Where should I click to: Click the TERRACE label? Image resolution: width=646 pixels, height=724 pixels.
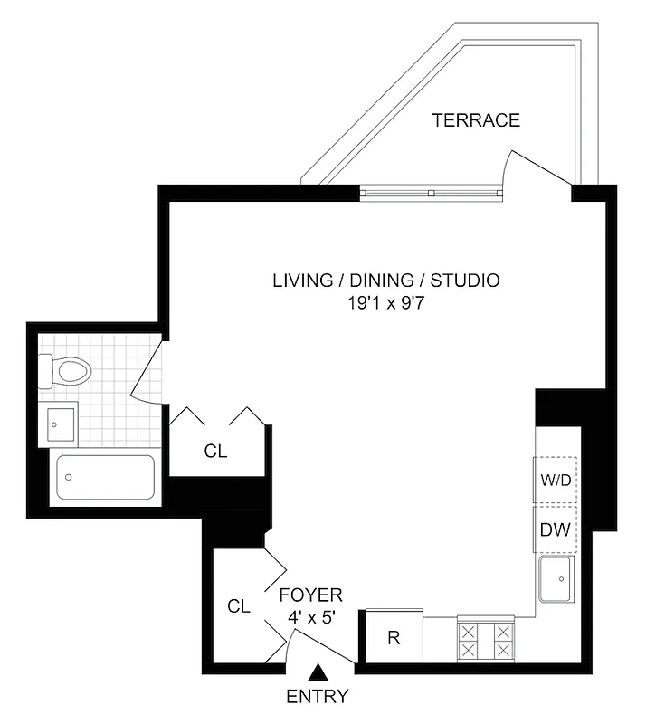(x=476, y=120)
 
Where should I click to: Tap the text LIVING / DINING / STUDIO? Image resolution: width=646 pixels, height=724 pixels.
(x=385, y=281)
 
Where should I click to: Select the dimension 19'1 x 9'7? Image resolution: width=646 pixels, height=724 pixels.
(x=385, y=303)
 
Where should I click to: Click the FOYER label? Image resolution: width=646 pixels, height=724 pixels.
(x=310, y=595)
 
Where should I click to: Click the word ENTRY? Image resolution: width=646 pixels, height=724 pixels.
(x=317, y=697)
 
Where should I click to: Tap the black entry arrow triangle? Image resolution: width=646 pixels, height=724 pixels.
(x=318, y=672)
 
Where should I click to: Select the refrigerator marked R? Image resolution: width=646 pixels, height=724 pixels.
(x=393, y=638)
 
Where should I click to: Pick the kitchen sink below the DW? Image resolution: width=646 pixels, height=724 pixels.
(x=556, y=579)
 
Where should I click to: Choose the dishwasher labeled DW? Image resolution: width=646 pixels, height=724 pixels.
(x=556, y=530)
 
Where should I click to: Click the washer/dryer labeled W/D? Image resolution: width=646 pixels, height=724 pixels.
(x=556, y=481)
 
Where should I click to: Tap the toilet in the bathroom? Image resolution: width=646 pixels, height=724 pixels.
(x=65, y=372)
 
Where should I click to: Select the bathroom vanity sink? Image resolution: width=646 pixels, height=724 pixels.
(x=60, y=424)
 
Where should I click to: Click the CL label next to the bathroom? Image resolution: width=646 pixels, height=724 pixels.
(x=215, y=451)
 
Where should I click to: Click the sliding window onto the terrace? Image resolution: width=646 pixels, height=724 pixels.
(x=431, y=192)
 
